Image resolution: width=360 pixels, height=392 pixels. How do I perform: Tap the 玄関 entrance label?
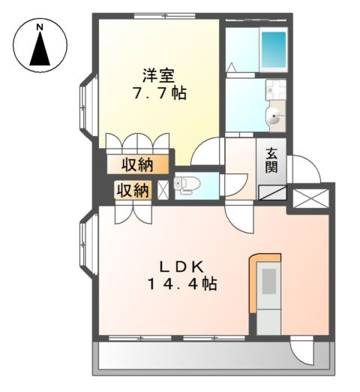tap(271, 160)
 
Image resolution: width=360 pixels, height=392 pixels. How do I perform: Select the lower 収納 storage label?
tap(131, 190)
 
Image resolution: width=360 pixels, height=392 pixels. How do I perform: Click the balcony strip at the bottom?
tap(214, 357)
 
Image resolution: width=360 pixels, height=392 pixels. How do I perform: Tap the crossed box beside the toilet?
tap(162, 189)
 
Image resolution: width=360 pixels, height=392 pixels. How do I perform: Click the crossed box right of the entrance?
tap(307, 198)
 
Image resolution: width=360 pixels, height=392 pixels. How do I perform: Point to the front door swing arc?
tap(304, 169)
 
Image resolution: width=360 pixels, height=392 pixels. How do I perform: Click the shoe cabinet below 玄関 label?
tap(271, 191)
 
